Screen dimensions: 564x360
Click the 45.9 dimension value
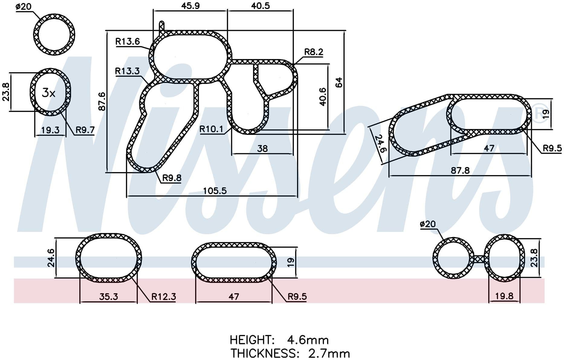[190, 6]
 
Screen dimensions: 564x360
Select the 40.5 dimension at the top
[260, 6]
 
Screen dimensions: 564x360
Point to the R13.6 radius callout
[128, 41]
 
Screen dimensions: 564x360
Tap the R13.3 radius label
[127, 71]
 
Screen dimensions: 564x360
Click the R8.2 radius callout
[313, 52]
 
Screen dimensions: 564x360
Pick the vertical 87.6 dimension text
[102, 101]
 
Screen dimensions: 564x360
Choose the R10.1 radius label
[211, 129]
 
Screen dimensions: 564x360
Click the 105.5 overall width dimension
[215, 191]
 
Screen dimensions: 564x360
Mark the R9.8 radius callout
[172, 178]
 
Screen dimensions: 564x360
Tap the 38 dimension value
[262, 148]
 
